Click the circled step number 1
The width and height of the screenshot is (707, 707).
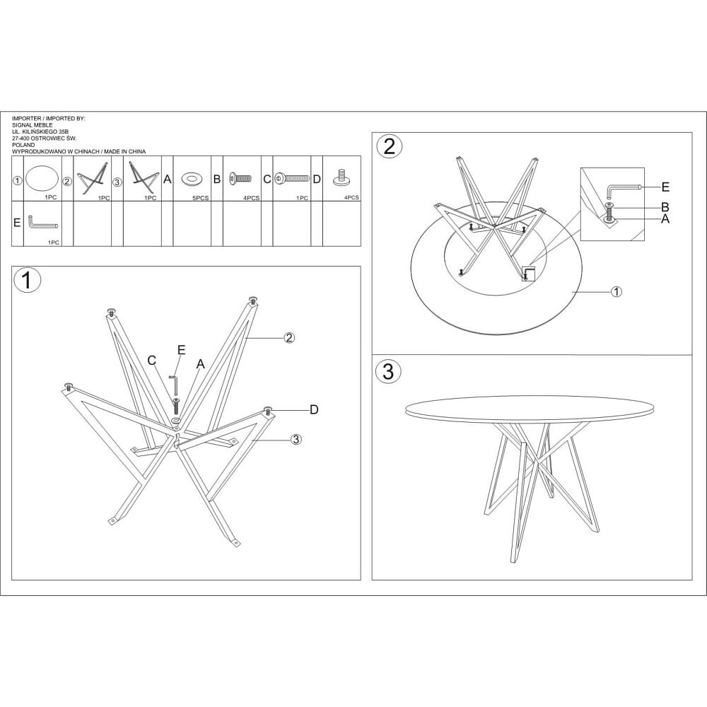(28, 280)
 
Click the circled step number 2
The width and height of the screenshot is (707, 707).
(389, 146)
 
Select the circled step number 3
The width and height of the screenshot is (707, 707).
(387, 370)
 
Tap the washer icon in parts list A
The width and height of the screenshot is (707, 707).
(192, 179)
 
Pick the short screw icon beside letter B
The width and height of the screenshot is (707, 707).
(240, 179)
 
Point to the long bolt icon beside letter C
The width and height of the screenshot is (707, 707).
(293, 179)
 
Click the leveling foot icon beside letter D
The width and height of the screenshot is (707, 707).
(341, 176)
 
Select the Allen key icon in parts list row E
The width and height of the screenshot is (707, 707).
(43, 222)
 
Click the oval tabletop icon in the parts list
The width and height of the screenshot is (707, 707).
(42, 179)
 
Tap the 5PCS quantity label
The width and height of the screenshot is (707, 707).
(201, 198)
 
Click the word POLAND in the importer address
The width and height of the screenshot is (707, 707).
(23, 145)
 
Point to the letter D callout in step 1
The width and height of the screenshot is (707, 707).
(314, 409)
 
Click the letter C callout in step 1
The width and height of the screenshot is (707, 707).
(152, 361)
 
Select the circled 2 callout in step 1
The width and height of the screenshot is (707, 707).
(289, 337)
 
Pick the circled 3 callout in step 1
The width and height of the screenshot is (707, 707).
(296, 439)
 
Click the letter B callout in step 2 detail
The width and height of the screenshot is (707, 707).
(665, 207)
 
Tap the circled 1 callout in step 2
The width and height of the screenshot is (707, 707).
(617, 292)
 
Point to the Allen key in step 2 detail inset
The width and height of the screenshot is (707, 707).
(623, 189)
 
